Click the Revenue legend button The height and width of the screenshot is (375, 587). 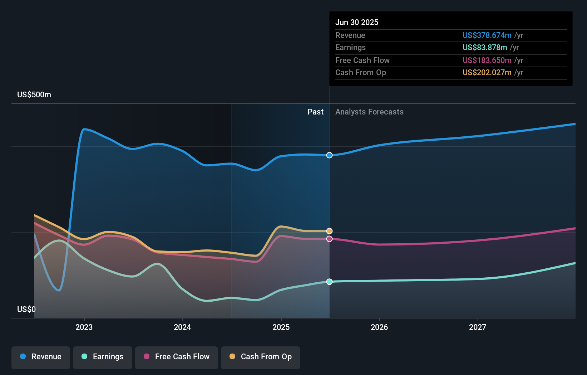pyautogui.click(x=41, y=357)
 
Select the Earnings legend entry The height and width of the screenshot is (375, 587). pyautogui.click(x=103, y=357)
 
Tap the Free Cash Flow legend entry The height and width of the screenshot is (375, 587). pyautogui.click(x=177, y=357)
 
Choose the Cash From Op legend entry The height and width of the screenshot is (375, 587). pyautogui.click(x=261, y=357)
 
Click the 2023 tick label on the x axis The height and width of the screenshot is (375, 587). pyautogui.click(x=84, y=327)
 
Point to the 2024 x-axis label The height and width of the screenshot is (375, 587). pyautogui.click(x=182, y=327)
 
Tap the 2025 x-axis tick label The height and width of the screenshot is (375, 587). pyautogui.click(x=281, y=327)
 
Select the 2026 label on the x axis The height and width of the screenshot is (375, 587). pyautogui.click(x=379, y=327)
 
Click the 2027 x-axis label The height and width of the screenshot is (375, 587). pyautogui.click(x=478, y=327)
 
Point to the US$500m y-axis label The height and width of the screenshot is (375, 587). pyautogui.click(x=34, y=95)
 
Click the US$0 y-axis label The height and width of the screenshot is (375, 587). pyautogui.click(x=26, y=310)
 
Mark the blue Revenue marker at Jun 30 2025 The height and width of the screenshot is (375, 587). pyautogui.click(x=329, y=155)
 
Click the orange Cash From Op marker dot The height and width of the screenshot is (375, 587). pyautogui.click(x=329, y=231)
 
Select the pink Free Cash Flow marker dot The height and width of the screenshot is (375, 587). pyautogui.click(x=329, y=239)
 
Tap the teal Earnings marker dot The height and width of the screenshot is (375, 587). pyautogui.click(x=329, y=282)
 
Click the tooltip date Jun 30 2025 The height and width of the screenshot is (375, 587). pyautogui.click(x=357, y=23)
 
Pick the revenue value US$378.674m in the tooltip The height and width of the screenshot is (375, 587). pyautogui.click(x=487, y=35)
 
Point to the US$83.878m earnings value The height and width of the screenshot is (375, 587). pyautogui.click(x=485, y=48)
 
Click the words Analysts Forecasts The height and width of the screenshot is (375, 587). pyautogui.click(x=369, y=112)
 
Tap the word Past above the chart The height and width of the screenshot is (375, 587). pyautogui.click(x=315, y=112)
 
